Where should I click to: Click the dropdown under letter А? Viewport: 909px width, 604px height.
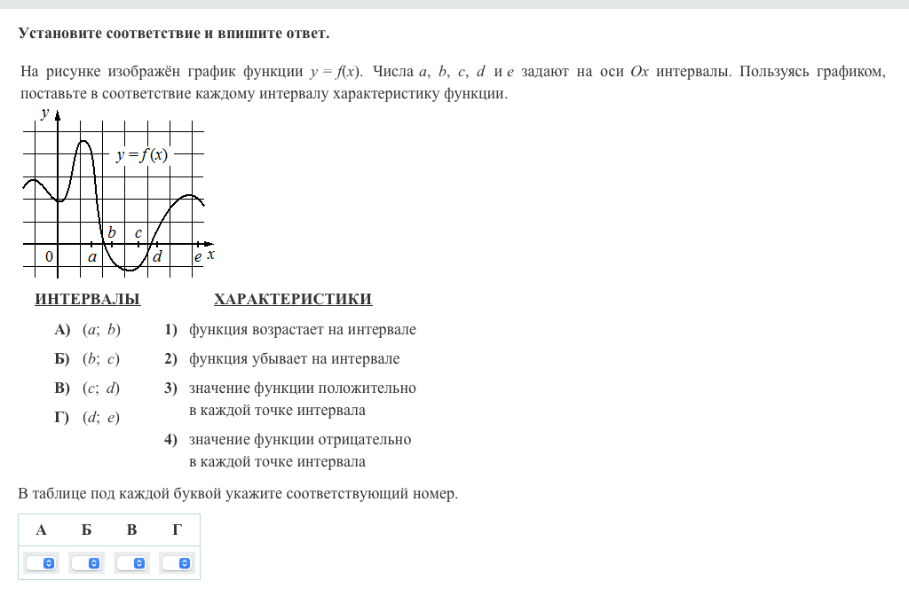(x=41, y=563)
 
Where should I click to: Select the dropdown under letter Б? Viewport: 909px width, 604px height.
(x=86, y=563)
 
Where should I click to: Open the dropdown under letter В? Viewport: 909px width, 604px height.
(x=132, y=563)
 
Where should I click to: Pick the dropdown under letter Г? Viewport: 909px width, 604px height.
(x=178, y=563)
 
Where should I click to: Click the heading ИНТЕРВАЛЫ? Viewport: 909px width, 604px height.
(x=87, y=300)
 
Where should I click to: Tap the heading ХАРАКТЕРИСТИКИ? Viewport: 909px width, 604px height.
(x=293, y=300)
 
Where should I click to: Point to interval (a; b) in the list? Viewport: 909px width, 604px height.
(x=100, y=330)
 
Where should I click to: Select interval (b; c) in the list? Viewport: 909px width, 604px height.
(x=100, y=359)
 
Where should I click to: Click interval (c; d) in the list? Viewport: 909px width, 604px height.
(x=100, y=388)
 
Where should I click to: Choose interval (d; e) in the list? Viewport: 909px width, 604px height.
(x=100, y=418)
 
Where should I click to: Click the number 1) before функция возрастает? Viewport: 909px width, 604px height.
(x=170, y=330)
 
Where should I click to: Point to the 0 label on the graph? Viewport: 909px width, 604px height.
(x=49, y=256)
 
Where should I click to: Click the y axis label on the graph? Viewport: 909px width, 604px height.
(x=44, y=113)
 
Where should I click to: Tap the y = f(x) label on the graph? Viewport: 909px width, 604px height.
(x=141, y=155)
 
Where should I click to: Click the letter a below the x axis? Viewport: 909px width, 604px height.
(x=91, y=257)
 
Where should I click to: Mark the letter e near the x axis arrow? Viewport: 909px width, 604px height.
(x=198, y=257)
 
